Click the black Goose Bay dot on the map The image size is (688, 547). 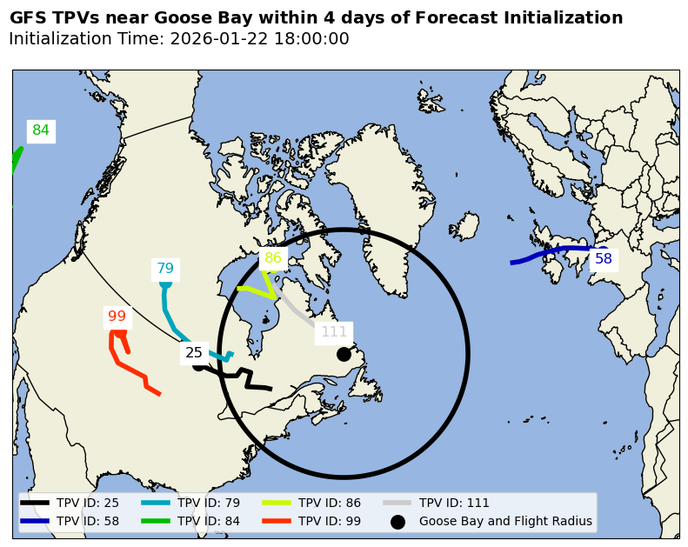click(x=344, y=354)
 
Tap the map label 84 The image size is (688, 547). click(x=41, y=131)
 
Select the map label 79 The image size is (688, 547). click(x=165, y=269)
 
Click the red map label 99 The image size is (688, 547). click(x=117, y=317)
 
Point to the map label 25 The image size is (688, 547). click(x=194, y=353)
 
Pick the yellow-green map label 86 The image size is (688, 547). click(x=273, y=258)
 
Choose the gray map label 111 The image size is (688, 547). click(x=334, y=332)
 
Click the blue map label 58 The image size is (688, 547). click(x=604, y=259)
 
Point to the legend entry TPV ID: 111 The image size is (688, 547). click(x=454, y=503)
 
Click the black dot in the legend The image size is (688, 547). click(x=397, y=522)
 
